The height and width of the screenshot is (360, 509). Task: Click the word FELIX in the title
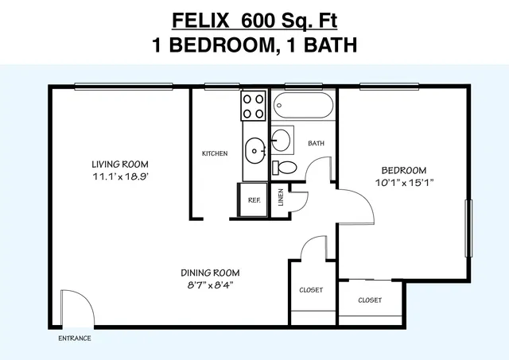[200, 21]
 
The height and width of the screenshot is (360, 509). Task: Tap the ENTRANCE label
[75, 339]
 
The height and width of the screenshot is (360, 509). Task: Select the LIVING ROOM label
[120, 165]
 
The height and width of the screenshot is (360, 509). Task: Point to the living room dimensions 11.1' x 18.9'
[121, 176]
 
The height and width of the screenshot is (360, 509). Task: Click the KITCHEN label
[215, 153]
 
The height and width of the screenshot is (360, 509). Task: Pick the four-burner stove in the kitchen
[253, 106]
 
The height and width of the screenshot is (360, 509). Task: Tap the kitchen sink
[255, 151]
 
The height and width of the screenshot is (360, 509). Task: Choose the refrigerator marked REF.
[253, 200]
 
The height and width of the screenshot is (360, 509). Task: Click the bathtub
[303, 106]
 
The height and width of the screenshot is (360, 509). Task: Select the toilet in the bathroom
[285, 168]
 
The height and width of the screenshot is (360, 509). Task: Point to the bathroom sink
[281, 140]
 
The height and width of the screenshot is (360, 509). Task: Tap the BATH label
[317, 143]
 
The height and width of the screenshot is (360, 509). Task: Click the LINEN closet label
[281, 197]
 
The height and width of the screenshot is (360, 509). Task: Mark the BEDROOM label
[404, 170]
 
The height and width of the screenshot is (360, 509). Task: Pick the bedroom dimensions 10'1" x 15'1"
[405, 183]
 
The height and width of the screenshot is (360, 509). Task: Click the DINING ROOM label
[210, 273]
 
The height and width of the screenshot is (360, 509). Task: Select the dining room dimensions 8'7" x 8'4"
[210, 285]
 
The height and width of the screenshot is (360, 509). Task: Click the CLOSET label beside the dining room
[311, 289]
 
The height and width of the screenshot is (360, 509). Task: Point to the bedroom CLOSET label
[370, 300]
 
